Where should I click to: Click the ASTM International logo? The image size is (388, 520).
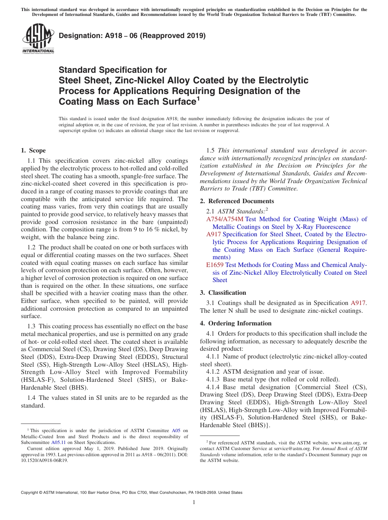[x=38, y=39]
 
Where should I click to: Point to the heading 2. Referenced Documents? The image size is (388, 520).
[x=237, y=201]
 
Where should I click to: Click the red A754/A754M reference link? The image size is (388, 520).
[x=225, y=219]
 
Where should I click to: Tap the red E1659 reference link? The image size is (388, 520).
[x=215, y=265]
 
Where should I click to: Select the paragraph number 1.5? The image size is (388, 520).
[x=210, y=150]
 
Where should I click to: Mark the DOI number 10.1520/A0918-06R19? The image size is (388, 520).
[x=45, y=460]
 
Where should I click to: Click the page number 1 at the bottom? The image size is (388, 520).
[x=194, y=502]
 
